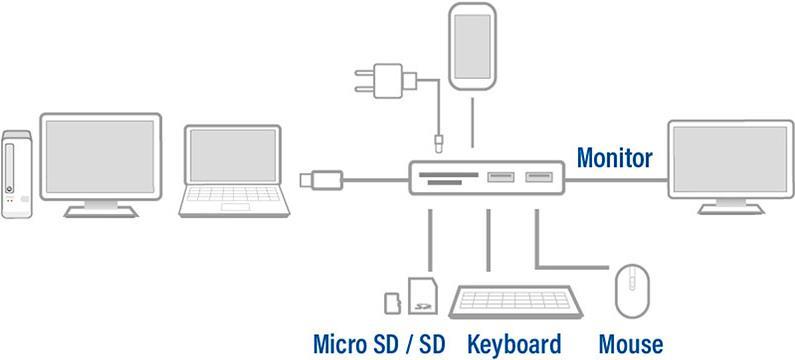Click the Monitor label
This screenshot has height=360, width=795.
615,158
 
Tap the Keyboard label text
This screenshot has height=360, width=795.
514,345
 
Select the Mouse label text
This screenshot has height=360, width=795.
631,345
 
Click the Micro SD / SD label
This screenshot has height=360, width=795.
379,345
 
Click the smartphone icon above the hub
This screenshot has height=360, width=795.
472,47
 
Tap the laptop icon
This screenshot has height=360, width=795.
234,171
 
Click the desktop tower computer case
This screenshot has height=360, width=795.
16,174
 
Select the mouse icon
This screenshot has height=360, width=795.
632,291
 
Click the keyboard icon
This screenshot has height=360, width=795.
516,302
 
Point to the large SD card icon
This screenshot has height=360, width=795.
423,296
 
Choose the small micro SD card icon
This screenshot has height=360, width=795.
393,303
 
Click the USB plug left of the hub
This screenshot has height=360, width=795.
321,180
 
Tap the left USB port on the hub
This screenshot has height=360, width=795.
500,177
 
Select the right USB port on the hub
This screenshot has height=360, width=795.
538,177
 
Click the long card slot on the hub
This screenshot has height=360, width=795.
449,174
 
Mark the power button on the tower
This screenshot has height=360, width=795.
9,189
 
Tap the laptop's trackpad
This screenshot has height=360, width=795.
235,207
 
